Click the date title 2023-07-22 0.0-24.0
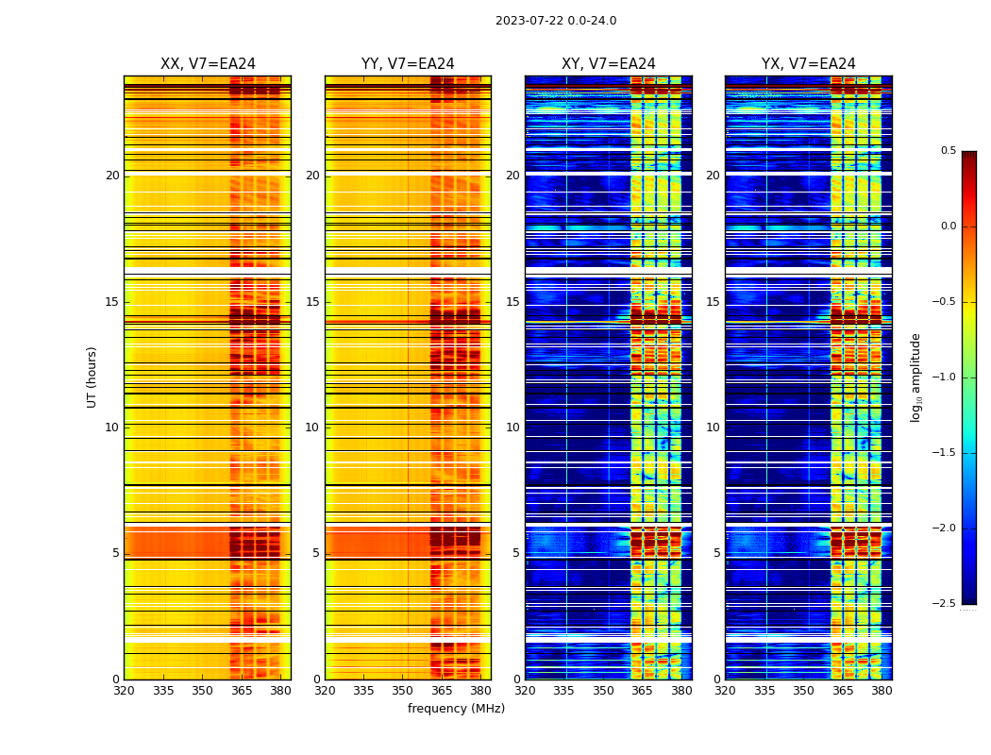(556, 21)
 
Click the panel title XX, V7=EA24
(208, 64)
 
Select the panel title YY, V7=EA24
(408, 64)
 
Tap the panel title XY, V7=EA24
(609, 64)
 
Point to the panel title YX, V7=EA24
(809, 64)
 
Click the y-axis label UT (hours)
(92, 377)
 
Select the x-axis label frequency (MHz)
(456, 709)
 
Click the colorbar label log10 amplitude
(915, 377)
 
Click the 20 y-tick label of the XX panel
(112, 176)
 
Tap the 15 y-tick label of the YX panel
(714, 302)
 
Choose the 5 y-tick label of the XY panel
(516, 553)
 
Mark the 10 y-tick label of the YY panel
(312, 428)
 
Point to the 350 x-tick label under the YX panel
(803, 691)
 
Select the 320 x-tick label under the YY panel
(325, 691)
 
